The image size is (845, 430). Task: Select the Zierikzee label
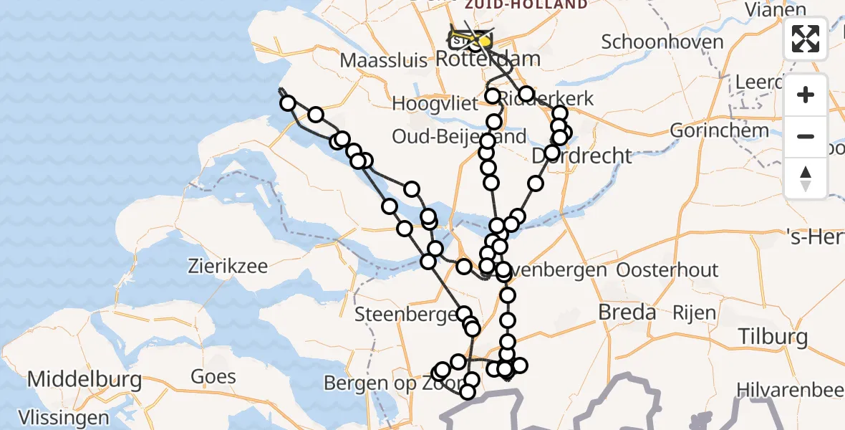click(x=228, y=267)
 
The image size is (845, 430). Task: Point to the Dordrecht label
click(x=582, y=156)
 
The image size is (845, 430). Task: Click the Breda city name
click(x=627, y=312)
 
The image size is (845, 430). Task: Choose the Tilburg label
click(x=774, y=336)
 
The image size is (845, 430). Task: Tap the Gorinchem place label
click(x=718, y=130)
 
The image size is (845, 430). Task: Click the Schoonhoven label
click(x=662, y=42)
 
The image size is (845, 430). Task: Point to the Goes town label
click(x=213, y=376)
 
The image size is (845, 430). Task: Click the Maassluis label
click(x=385, y=60)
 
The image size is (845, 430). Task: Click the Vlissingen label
click(x=54, y=417)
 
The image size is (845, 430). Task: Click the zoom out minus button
click(x=806, y=136)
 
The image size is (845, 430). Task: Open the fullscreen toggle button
click(x=806, y=39)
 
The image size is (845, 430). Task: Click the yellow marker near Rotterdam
click(x=485, y=41)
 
